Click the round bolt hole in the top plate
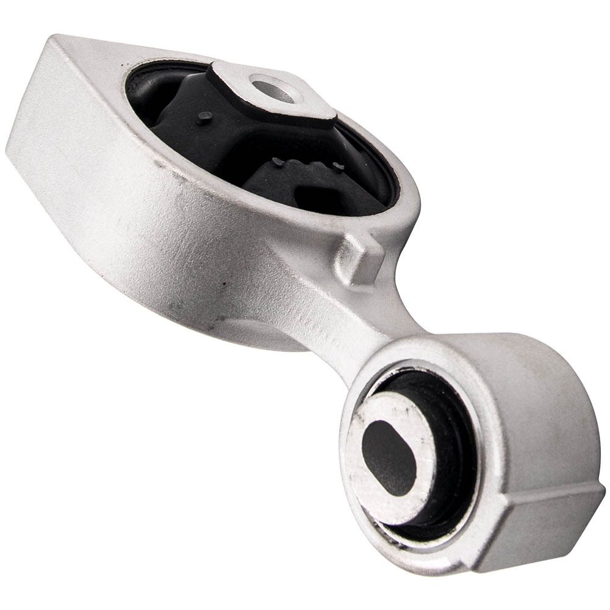[x=273, y=90]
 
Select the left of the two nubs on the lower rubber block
[x=278, y=161]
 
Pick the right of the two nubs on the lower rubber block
[x=337, y=166]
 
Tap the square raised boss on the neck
[x=361, y=258]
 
